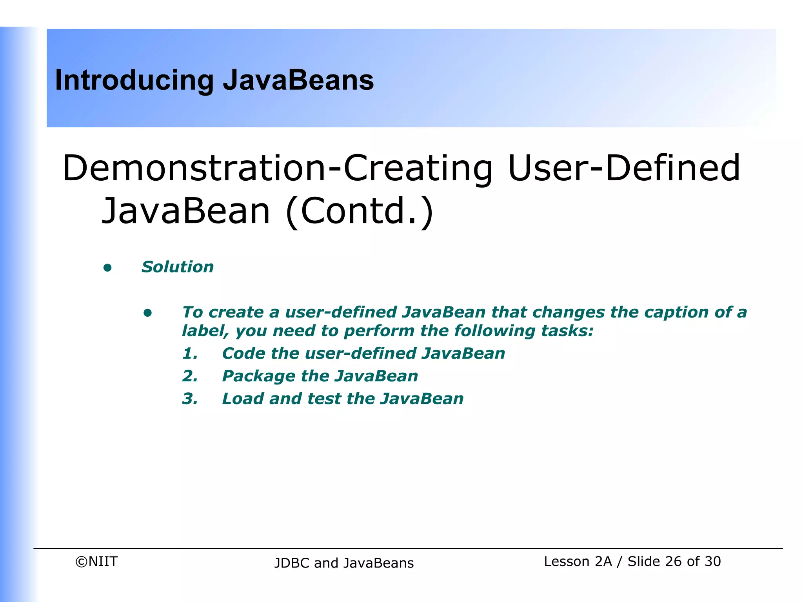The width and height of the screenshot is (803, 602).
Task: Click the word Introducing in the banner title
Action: [134, 81]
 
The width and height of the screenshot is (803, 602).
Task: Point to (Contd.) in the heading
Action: [360, 211]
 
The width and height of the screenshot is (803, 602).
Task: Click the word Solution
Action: [178, 267]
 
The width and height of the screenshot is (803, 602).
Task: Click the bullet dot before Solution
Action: [107, 268]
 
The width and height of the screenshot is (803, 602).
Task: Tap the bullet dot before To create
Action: [147, 313]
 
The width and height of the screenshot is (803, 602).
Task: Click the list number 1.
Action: [190, 354]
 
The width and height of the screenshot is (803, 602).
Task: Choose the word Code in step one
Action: [243, 354]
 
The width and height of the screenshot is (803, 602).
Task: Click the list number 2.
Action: [190, 376]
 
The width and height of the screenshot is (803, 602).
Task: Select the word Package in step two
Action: [258, 377]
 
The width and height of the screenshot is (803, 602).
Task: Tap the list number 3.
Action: [190, 399]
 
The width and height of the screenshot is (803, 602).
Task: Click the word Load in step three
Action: [243, 399]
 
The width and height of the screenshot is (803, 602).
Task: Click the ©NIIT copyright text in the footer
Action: [96, 562]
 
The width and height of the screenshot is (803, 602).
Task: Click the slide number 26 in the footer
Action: [673, 562]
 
